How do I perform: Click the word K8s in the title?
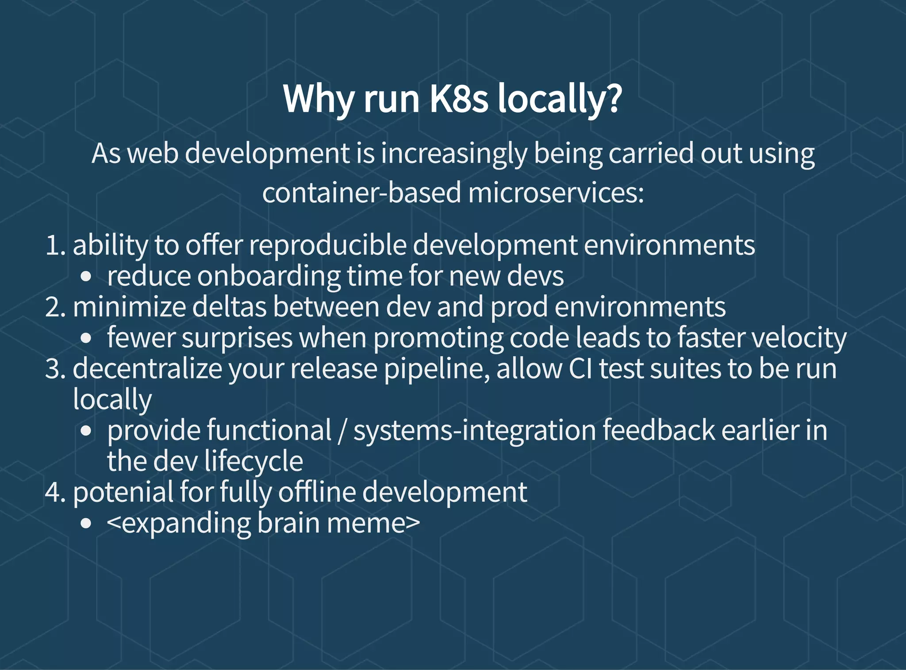pos(459,99)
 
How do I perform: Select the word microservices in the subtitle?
pos(556,193)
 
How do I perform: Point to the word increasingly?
pos(454,154)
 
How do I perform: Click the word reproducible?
pos(327,245)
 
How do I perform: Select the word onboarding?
pos(269,276)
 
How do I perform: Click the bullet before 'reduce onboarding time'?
pos(86,277)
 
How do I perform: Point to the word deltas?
pos(230,307)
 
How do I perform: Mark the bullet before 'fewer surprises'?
pos(86,339)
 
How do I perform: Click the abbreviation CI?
pos(580,368)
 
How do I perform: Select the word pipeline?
pos(436,369)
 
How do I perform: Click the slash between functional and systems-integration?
pos(341,431)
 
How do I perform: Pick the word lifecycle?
pos(253,462)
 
